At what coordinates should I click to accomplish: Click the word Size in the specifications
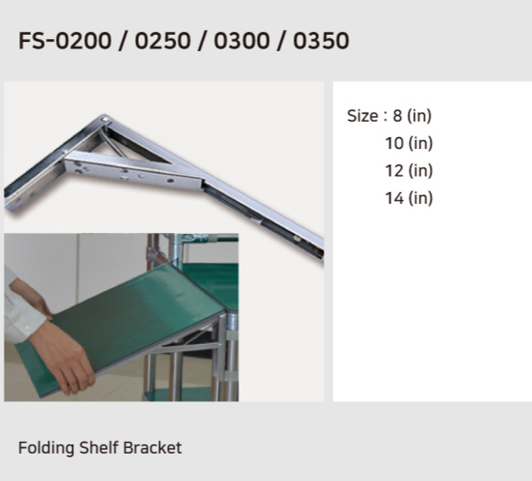pos(362,116)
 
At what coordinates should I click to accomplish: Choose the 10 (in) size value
pos(409,144)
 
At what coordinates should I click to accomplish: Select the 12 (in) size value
pos(409,171)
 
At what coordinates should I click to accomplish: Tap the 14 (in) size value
pos(409,198)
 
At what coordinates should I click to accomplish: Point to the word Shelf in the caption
pos(97,448)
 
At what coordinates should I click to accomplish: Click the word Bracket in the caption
pos(154,448)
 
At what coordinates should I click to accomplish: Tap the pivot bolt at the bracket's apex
pos(107,119)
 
